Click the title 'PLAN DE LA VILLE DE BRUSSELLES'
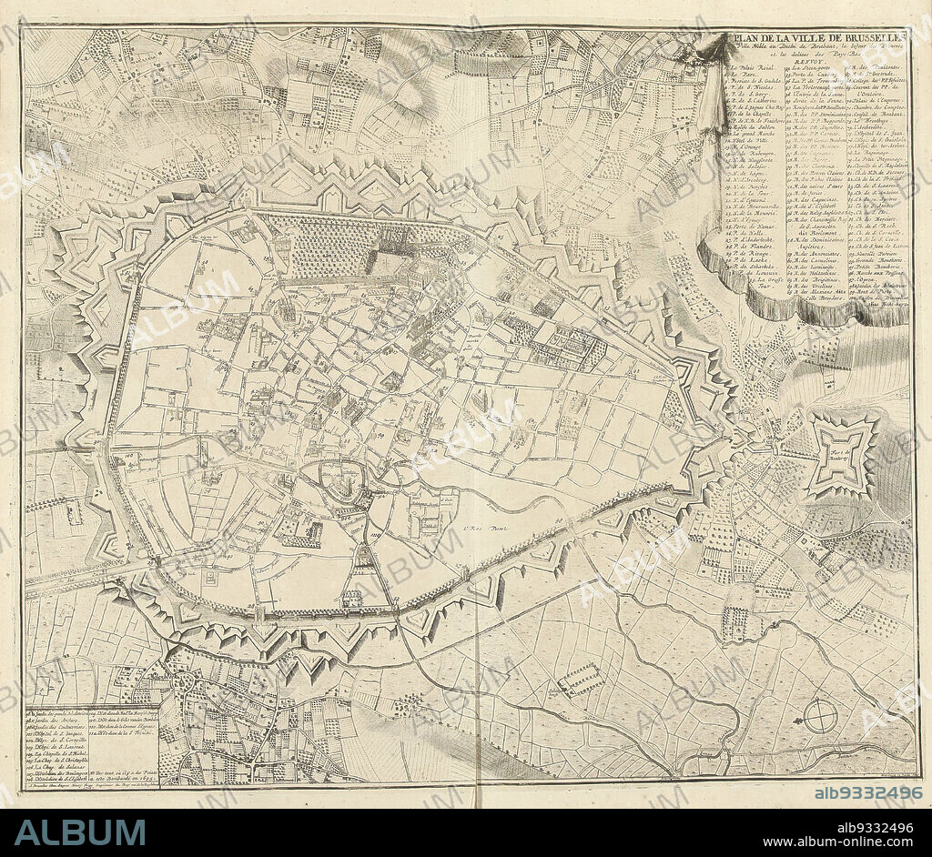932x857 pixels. point(818,36)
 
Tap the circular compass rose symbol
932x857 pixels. point(820,717)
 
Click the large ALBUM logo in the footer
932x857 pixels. point(79,832)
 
